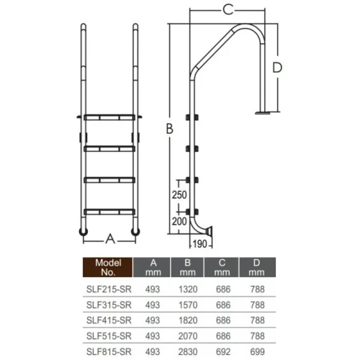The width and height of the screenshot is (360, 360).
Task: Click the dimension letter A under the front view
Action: (x=109, y=238)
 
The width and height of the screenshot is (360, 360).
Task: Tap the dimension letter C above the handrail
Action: (x=228, y=9)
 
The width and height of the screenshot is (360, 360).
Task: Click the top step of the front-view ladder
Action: (x=109, y=116)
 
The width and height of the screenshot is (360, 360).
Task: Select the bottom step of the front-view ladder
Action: (x=109, y=211)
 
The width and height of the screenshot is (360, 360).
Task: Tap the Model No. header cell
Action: (x=109, y=269)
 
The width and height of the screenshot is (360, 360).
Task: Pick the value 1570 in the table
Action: (x=187, y=305)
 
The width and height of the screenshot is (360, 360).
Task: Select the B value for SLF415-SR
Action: (x=187, y=320)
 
